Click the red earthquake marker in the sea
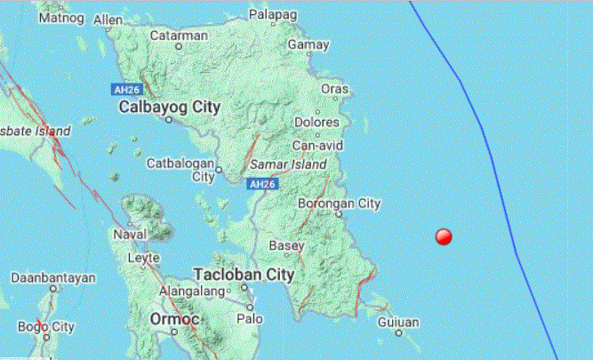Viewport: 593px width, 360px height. coord(444,236)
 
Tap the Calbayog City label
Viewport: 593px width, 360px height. coord(169,108)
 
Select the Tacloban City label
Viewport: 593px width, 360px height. coord(243,275)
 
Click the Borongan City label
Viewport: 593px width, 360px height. coord(345,204)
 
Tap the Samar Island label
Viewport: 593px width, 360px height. coord(288,165)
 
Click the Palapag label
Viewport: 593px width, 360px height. coord(272,14)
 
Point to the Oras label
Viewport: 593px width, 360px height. coord(335,90)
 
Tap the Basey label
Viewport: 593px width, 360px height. coord(286,246)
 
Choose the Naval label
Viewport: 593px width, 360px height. coord(131,235)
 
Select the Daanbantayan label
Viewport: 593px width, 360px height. coord(52,277)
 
